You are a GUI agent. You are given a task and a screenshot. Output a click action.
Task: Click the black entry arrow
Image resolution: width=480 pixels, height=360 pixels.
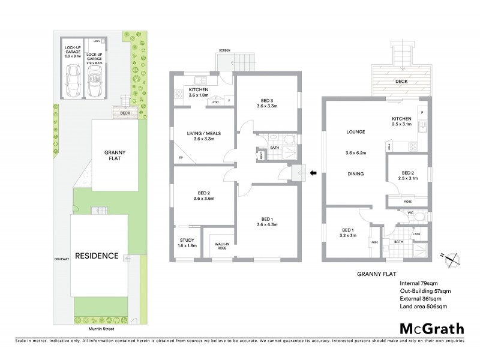[313, 174]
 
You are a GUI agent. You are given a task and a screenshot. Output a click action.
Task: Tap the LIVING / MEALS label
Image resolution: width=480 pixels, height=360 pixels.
[202, 136]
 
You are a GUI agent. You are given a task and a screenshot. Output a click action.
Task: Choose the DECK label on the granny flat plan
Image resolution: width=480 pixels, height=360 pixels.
[402, 80]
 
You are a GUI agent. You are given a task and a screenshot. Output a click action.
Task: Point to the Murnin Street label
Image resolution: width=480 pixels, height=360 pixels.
[101, 329]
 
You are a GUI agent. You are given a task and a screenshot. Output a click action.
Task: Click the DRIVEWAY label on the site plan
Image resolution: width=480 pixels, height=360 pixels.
[61, 260]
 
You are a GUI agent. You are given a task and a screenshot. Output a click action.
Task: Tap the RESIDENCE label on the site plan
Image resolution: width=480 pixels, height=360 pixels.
[97, 256]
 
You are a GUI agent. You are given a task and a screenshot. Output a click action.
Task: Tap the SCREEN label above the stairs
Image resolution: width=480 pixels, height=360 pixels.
[225, 50]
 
